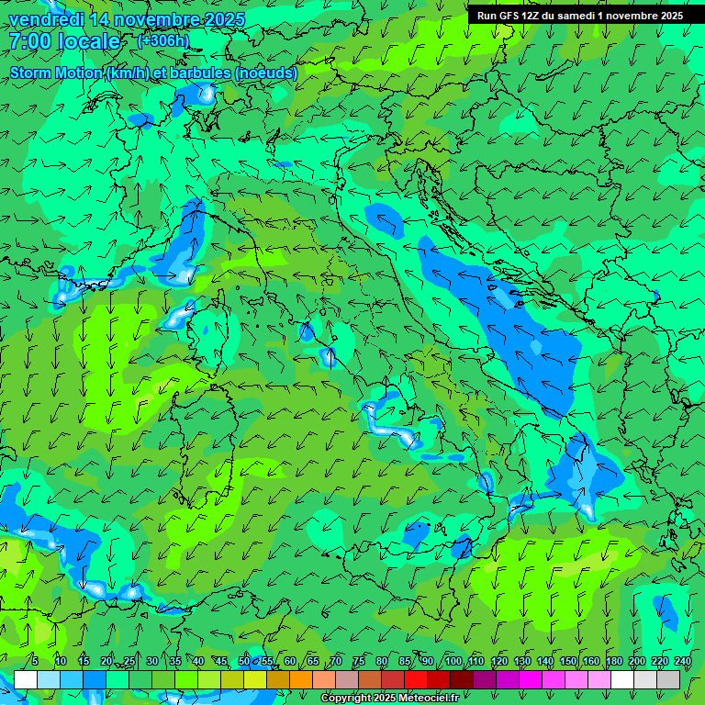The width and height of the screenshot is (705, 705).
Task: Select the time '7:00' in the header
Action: point(28,41)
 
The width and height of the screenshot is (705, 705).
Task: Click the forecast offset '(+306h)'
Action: point(163,40)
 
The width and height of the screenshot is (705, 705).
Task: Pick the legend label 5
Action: point(35,661)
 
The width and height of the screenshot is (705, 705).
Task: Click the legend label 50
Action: point(243,661)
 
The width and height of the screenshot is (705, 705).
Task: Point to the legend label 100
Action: point(453,661)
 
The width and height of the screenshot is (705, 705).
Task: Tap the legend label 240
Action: point(682,661)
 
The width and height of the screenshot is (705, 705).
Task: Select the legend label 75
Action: point(359,661)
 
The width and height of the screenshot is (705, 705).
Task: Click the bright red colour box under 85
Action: point(416,679)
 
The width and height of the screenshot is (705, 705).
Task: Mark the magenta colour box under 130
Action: point(531,679)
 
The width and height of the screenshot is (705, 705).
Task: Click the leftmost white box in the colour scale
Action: point(26,679)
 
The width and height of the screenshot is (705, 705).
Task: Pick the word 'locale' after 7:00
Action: point(89,41)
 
